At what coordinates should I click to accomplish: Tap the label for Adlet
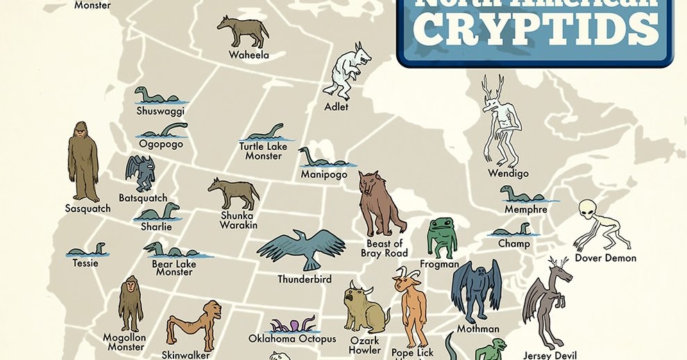pyautogui.click(x=336, y=108)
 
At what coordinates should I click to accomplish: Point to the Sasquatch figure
pyautogui.click(x=83, y=162)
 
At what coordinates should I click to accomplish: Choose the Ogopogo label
pyautogui.click(x=161, y=144)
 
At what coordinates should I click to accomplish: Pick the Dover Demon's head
pyautogui.click(x=588, y=209)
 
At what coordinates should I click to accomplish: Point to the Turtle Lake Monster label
pyautogui.click(x=260, y=151)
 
